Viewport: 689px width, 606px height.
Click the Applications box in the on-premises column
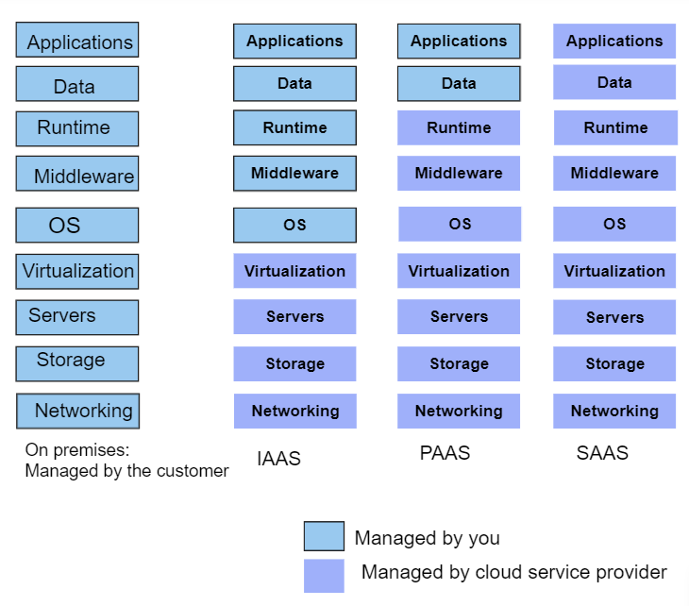pyautogui.click(x=77, y=40)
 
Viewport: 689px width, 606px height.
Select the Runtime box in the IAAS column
pyautogui.click(x=294, y=127)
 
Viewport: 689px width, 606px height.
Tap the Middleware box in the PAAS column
pyautogui.click(x=459, y=173)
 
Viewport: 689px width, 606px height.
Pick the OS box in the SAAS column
pyautogui.click(x=614, y=224)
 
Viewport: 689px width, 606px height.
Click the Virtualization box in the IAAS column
pyautogui.click(x=294, y=271)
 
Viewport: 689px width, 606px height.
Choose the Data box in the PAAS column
pyautogui.click(x=459, y=83)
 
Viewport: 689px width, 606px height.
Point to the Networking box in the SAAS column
pyautogui.click(x=614, y=411)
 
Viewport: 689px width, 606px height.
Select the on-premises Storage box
pyautogui.click(x=77, y=363)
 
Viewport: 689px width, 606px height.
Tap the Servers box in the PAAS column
pyautogui.click(x=459, y=317)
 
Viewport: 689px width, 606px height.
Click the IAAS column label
pyautogui.click(x=279, y=459)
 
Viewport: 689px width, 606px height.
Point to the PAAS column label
pyautogui.click(x=445, y=453)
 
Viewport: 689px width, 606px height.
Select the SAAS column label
pyautogui.click(x=602, y=453)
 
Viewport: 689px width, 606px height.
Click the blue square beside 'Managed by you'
pyautogui.click(x=324, y=536)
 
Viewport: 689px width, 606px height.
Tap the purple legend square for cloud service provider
pyautogui.click(x=324, y=576)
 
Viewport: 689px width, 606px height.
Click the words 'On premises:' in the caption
pyautogui.click(x=77, y=450)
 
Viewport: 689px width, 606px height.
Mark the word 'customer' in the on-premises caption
pyautogui.click(x=193, y=471)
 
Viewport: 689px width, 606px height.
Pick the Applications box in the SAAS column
pyautogui.click(x=614, y=41)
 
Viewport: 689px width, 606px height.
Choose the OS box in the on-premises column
pyautogui.click(x=77, y=225)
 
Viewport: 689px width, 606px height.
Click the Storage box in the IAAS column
pyautogui.click(x=294, y=363)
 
